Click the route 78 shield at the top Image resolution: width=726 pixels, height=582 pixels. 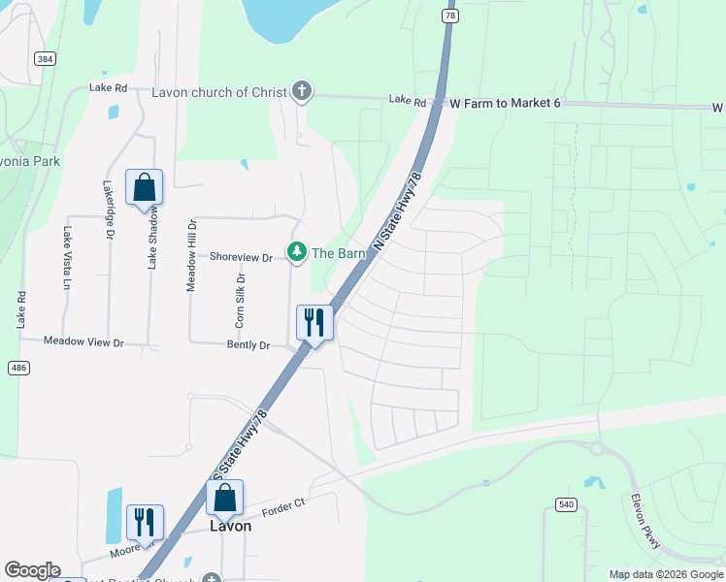[x=449, y=16]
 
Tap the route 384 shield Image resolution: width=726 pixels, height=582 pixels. [x=45, y=59]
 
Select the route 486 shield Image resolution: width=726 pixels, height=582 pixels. [x=18, y=368]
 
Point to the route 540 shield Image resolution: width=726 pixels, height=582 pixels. [x=567, y=503]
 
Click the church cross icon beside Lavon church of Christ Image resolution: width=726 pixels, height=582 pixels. [x=301, y=92]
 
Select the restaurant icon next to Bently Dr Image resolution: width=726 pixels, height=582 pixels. [x=313, y=322]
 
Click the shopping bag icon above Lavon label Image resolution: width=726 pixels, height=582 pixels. [x=225, y=498]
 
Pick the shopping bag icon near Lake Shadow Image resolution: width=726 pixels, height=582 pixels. [x=144, y=186]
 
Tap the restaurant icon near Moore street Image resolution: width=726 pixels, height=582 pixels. [x=145, y=522]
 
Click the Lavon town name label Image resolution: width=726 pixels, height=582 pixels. [x=231, y=526]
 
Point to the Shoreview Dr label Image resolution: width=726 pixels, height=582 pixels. [x=241, y=257]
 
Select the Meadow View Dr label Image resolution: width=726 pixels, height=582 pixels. [x=84, y=342]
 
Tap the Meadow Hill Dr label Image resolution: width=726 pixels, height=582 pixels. [x=191, y=255]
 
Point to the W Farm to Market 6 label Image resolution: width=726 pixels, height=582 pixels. [x=506, y=102]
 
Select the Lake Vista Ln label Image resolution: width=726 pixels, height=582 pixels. [x=67, y=257]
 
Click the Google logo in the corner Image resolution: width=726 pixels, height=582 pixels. [x=32, y=570]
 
